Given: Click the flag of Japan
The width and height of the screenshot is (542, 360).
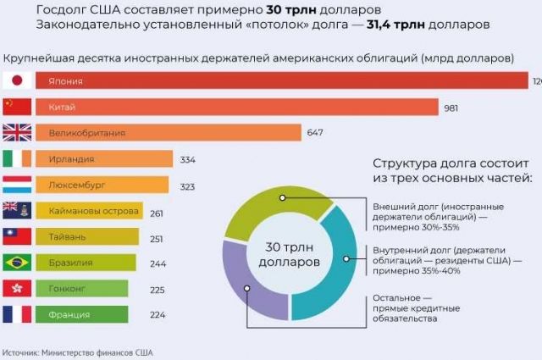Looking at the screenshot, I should point(17,81).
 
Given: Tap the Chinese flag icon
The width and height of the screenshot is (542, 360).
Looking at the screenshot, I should point(17,107).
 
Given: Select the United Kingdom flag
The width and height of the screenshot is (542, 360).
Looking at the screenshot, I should point(17,133).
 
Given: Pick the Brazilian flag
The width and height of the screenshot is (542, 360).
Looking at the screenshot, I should point(17,263).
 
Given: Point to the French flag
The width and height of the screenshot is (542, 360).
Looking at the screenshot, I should point(17,314).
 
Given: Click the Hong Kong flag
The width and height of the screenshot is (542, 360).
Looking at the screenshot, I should point(17,288).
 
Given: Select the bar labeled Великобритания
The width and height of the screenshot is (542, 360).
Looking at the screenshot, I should point(169,133).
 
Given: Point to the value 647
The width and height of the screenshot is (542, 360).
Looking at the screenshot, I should point(316,133).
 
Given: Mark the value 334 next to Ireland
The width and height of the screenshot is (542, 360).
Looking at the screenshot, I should point(188,159).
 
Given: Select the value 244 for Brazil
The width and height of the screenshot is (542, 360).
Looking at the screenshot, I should point(157,263).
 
